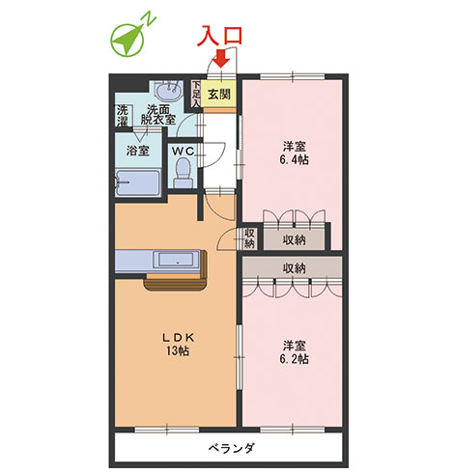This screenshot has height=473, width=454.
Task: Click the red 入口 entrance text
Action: [x=219, y=35]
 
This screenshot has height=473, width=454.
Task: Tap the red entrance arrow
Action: [x=222, y=58]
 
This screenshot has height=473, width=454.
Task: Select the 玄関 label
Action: [x=219, y=95]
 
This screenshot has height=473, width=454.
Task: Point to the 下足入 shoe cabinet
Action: [x=196, y=94]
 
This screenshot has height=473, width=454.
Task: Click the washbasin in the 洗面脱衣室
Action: [x=168, y=91]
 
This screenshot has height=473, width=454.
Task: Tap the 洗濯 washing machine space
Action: [x=123, y=116]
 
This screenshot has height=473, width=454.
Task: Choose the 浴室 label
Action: [x=137, y=151]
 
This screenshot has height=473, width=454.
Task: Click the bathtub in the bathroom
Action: [x=138, y=182]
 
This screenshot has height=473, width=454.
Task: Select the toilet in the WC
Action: [x=184, y=173]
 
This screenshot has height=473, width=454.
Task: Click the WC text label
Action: [x=183, y=151]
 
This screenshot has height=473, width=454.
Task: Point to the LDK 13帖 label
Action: [x=178, y=345]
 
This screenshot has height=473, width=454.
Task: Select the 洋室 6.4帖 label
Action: [x=294, y=153]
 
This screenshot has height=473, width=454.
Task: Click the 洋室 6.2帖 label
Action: [x=294, y=352]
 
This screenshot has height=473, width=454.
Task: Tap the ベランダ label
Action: [x=231, y=448]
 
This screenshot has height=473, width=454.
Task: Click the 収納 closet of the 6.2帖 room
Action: [x=292, y=267]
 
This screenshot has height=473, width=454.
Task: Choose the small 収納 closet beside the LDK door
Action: [x=249, y=237]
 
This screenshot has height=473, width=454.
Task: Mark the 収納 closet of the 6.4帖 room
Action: [x=295, y=239]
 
